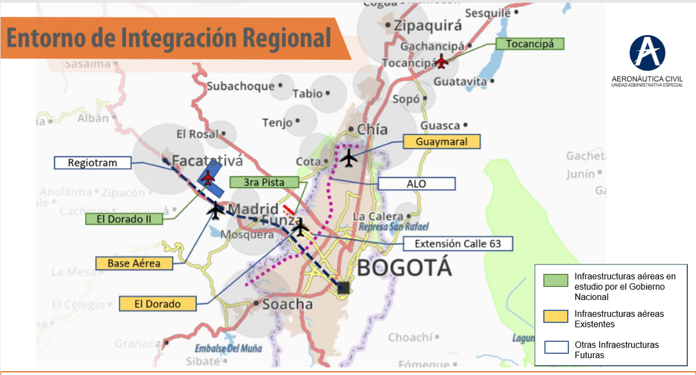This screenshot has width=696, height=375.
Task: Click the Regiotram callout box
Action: (x=93, y=162)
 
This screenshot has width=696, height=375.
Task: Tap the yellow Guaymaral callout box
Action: (x=441, y=142)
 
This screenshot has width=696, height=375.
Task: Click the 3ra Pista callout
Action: (x=265, y=182)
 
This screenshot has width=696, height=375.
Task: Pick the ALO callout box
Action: (x=416, y=184)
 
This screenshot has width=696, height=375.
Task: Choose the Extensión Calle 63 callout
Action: (x=458, y=244)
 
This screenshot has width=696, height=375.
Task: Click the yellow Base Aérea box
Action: (x=133, y=263)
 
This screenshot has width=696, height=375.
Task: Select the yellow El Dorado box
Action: (x=157, y=304)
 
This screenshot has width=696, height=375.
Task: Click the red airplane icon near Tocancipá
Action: (x=442, y=61)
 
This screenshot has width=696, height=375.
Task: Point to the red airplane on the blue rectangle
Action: (x=208, y=177)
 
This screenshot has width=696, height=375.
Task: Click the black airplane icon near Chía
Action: (x=349, y=159)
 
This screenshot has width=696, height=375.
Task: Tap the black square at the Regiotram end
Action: (x=343, y=287)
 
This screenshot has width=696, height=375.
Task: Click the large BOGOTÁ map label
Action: (x=403, y=268)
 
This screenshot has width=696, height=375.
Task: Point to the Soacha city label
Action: (x=288, y=304)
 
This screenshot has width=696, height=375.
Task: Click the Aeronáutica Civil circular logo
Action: (x=647, y=52)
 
